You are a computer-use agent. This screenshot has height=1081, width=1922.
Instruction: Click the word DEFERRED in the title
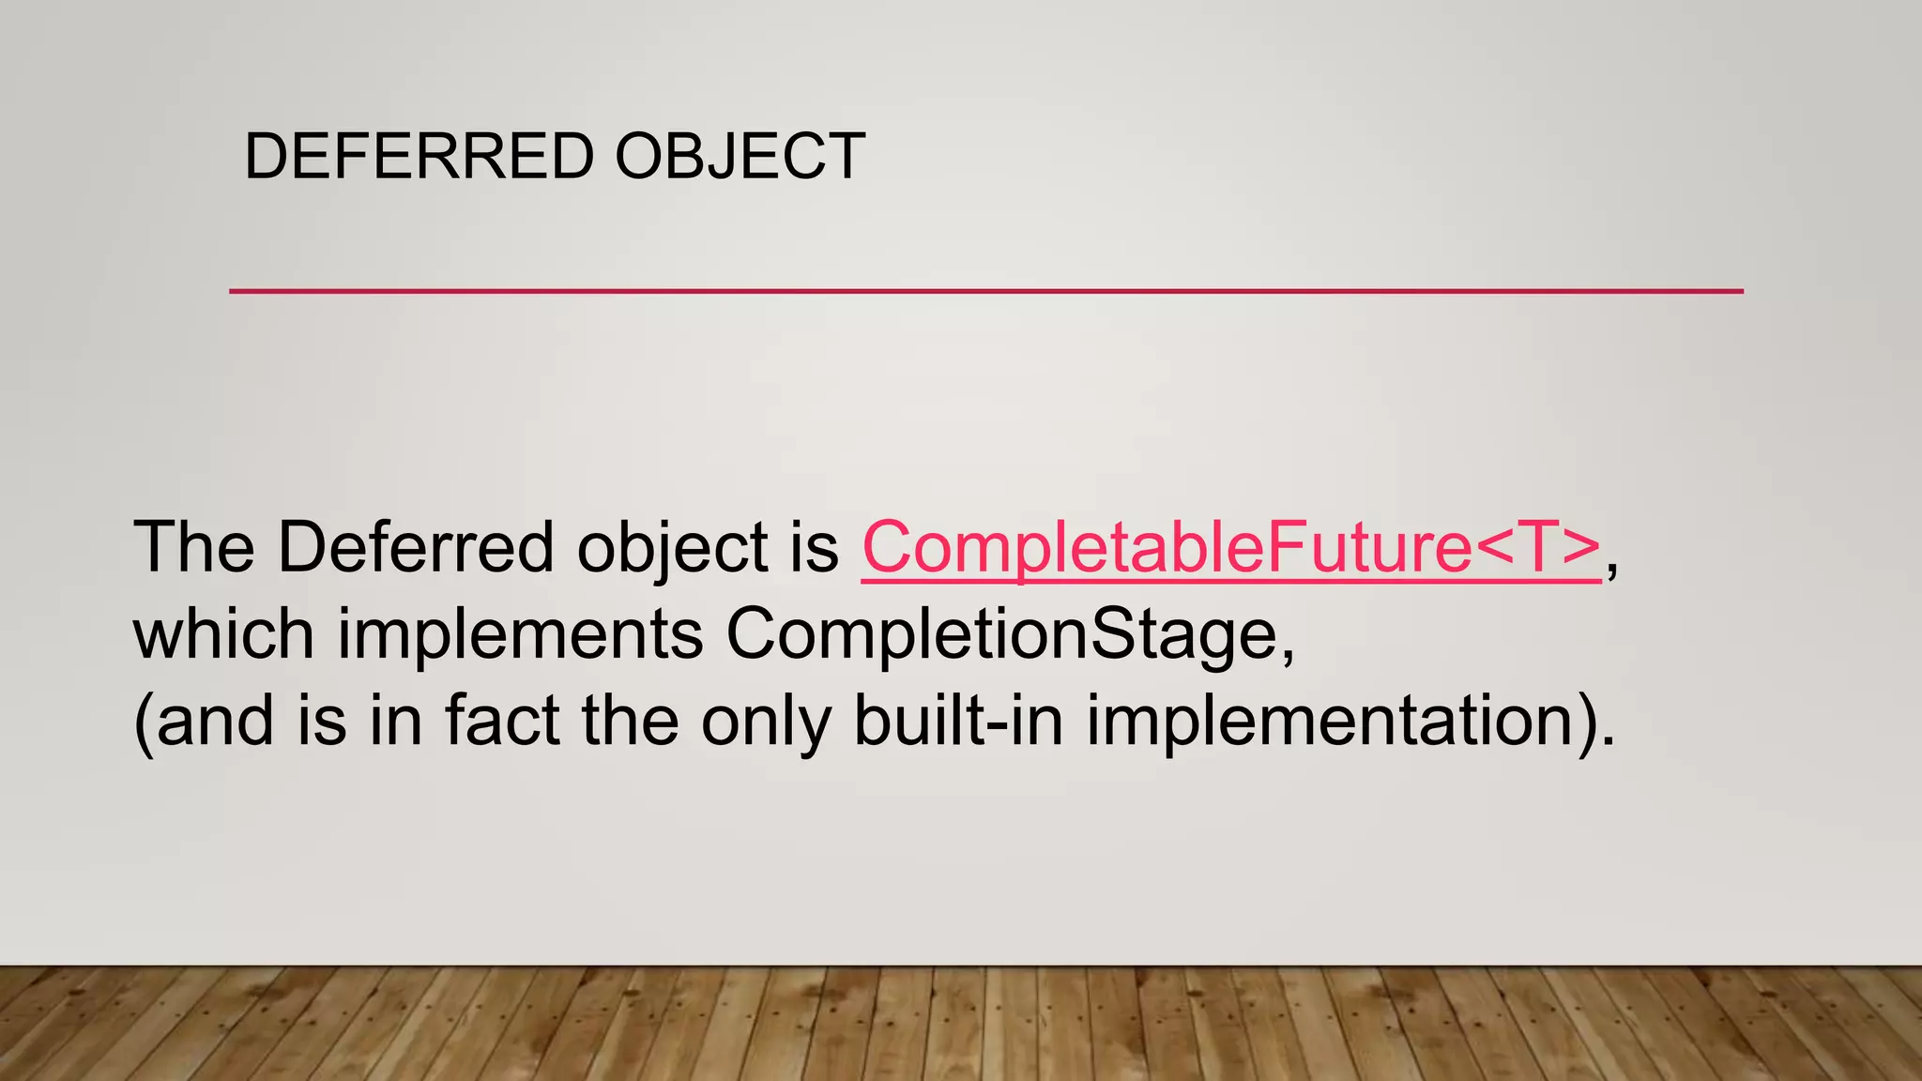point(419,156)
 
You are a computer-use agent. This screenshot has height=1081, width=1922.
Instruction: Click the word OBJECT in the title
point(740,156)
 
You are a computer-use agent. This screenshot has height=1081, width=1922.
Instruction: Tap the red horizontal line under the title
point(985,292)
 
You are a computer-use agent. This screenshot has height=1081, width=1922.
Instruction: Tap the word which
point(223,634)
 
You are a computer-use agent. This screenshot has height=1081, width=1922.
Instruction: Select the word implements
point(520,636)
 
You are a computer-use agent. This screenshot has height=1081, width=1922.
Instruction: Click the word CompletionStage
point(1000,636)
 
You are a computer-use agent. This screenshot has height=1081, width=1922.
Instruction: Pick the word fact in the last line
point(501,721)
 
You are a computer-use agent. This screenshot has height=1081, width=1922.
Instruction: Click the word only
point(766,723)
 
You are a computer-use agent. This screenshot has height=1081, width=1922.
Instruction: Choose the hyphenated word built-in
point(958,721)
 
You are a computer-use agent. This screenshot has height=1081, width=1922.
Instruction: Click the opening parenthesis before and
point(144,723)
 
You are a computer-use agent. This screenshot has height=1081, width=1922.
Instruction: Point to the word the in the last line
point(630,721)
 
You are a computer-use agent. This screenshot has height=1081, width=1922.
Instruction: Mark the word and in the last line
point(215,721)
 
